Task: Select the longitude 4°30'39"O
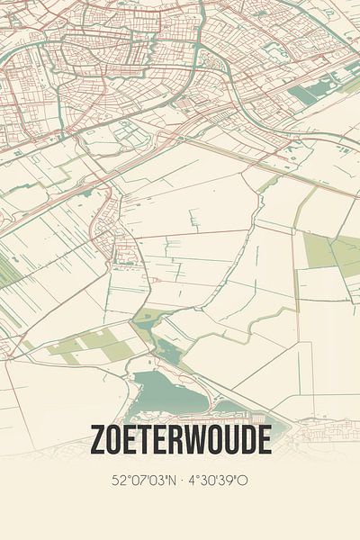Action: (x=216, y=481)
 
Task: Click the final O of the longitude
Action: (x=243, y=481)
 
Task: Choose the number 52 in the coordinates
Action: (x=121, y=481)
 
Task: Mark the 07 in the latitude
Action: (x=139, y=481)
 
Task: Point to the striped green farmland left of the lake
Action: (x=90, y=346)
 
